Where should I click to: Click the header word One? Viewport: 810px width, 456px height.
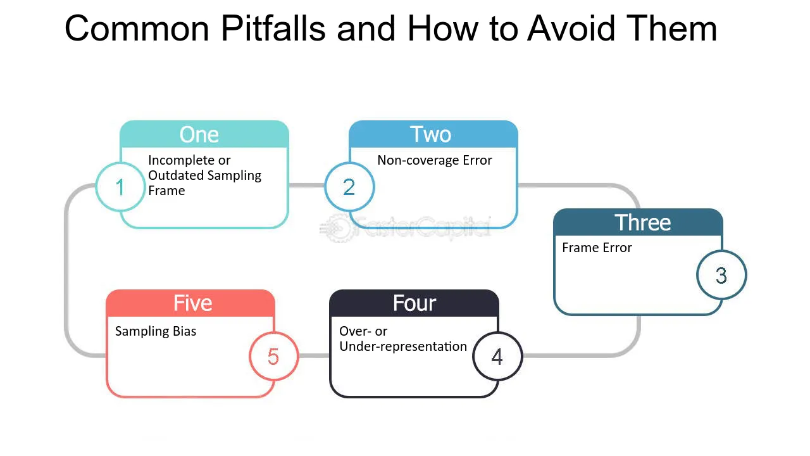(x=199, y=135)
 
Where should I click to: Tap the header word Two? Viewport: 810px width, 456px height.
(x=430, y=134)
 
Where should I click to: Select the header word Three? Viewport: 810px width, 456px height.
(x=642, y=222)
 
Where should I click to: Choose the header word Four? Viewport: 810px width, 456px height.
(x=414, y=303)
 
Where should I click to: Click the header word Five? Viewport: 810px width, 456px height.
(x=193, y=303)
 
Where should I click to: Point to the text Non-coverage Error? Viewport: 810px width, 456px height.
(x=435, y=160)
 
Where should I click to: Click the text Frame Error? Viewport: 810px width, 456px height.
(x=597, y=248)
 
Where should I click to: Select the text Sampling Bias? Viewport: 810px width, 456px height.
(x=156, y=331)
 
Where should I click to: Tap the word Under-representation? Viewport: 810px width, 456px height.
(x=403, y=346)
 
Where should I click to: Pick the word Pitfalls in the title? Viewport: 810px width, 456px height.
(x=273, y=28)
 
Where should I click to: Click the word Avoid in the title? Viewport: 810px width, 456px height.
(x=571, y=28)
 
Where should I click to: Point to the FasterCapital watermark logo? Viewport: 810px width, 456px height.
(x=405, y=228)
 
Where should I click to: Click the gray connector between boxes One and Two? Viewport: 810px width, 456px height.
(x=307, y=186)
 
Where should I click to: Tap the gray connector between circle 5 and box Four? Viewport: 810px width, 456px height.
(x=314, y=356)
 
